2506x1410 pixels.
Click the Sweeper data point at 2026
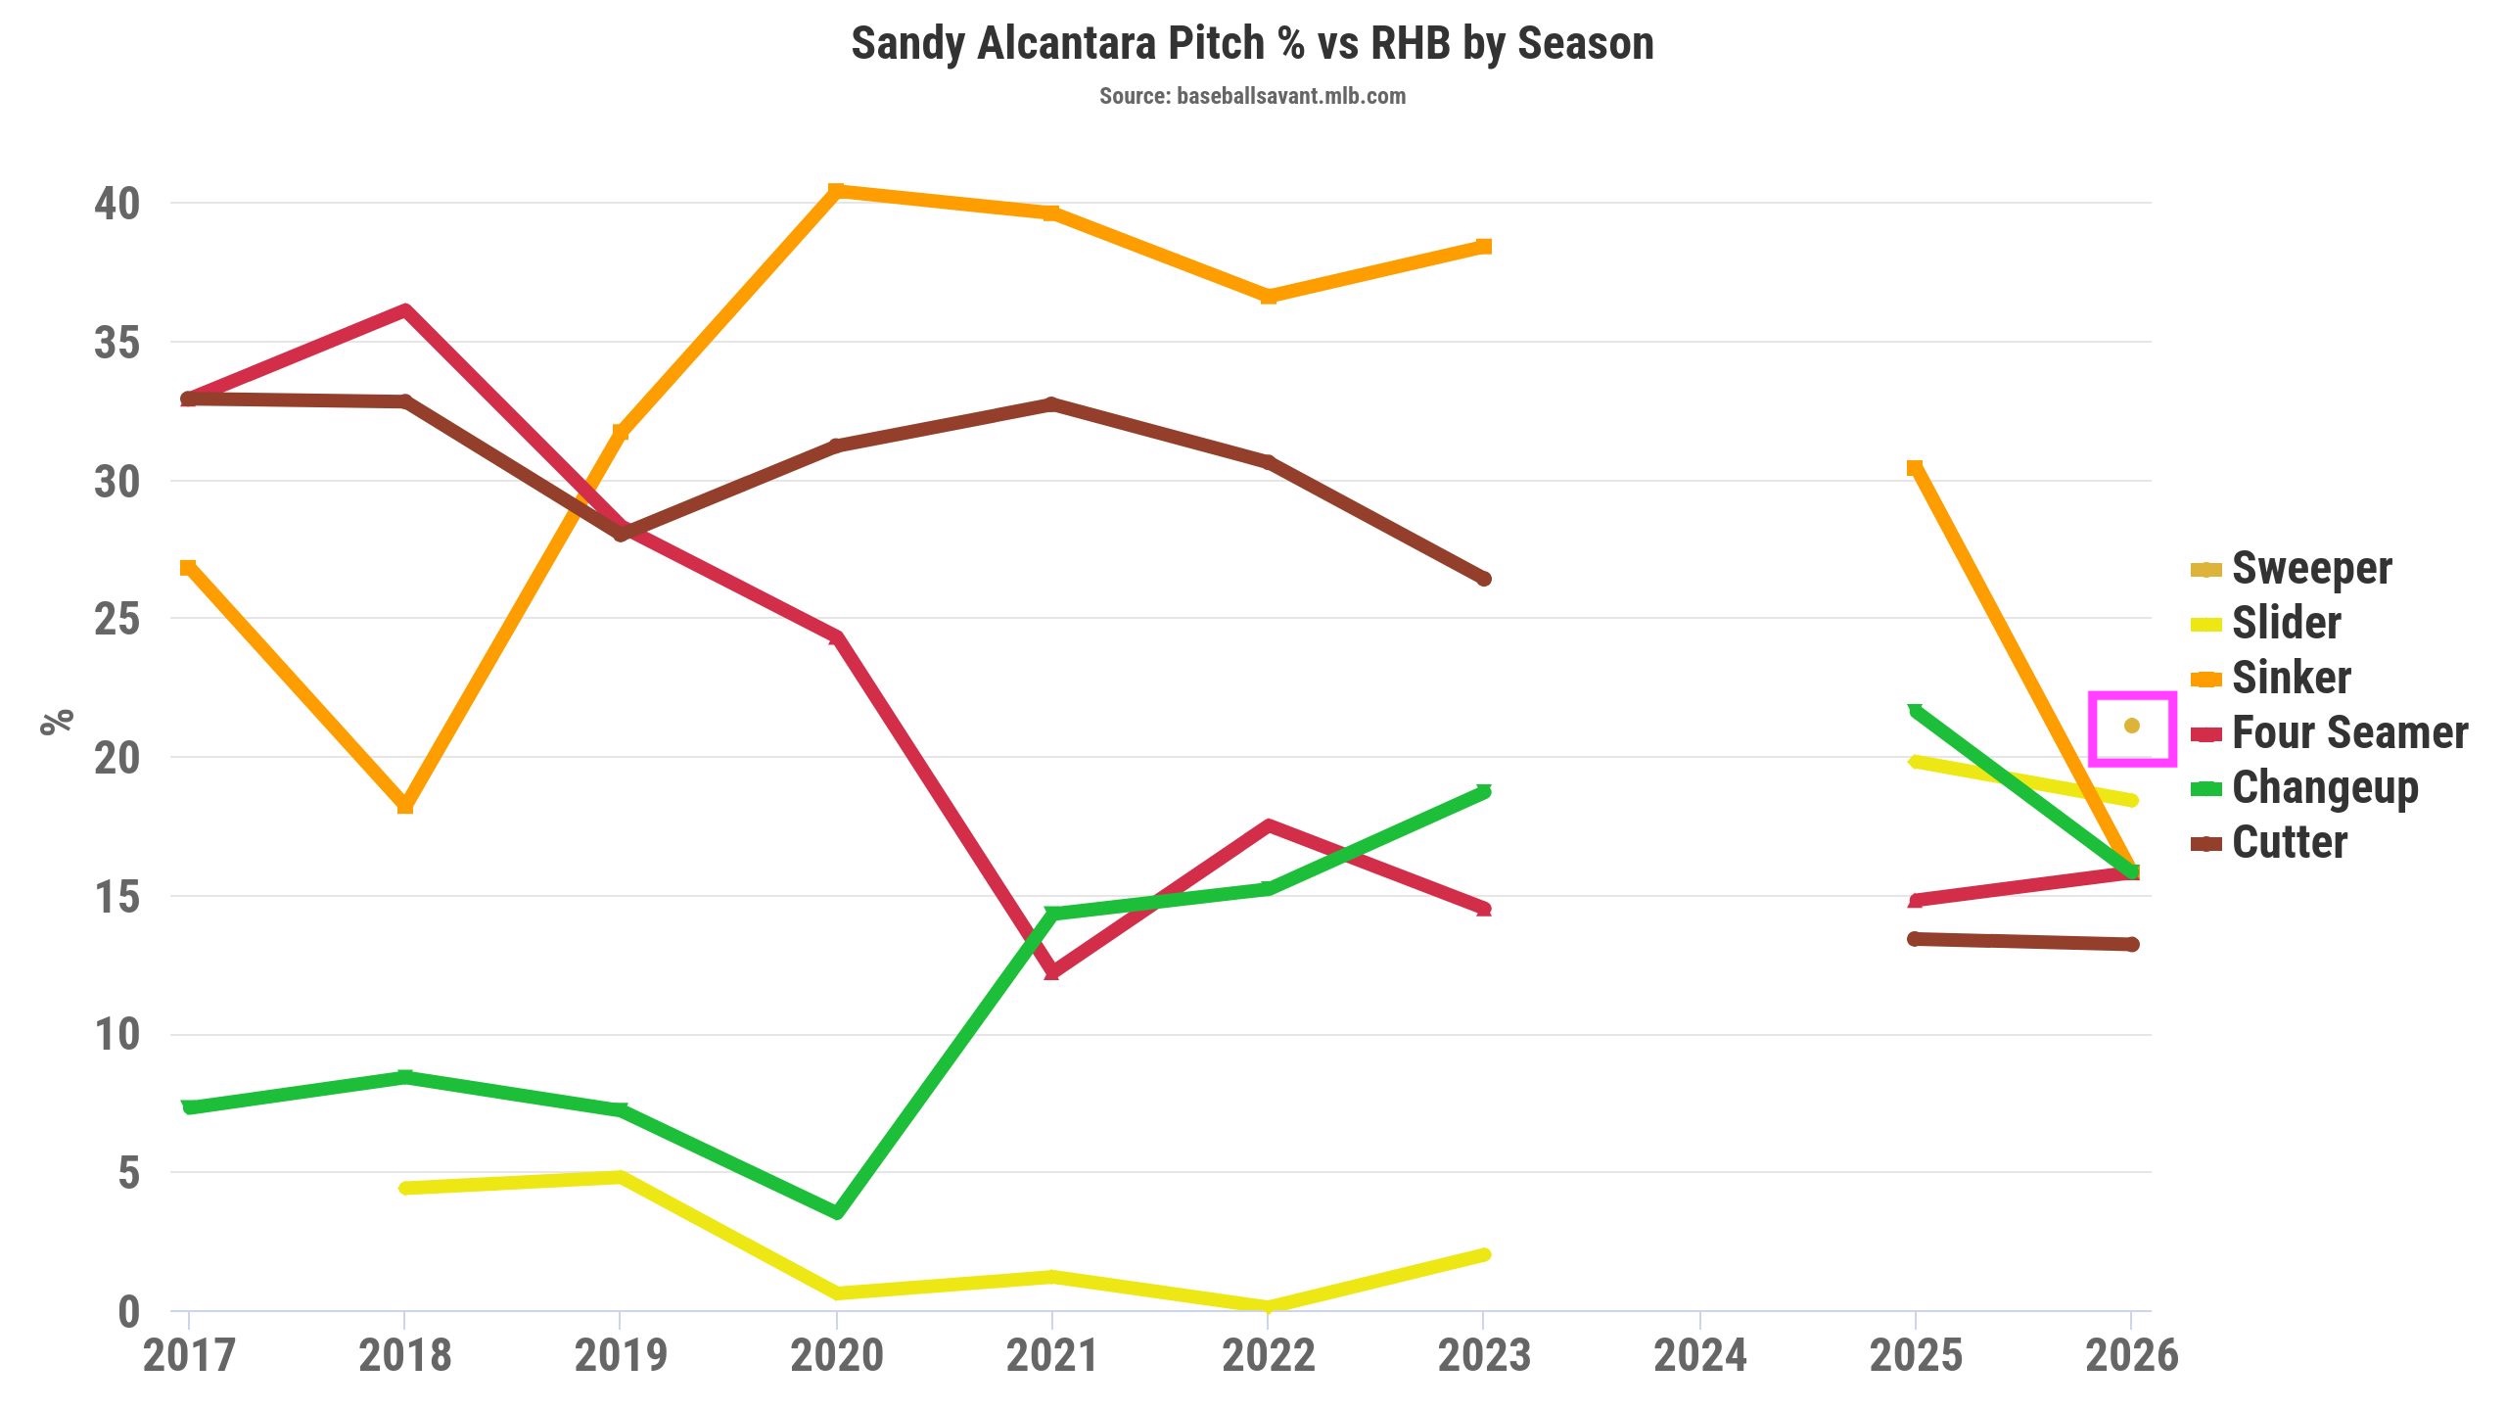pos(2131,726)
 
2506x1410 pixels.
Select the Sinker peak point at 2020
pos(835,190)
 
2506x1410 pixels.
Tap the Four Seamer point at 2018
pos(405,311)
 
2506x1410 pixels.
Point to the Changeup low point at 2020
pos(836,1212)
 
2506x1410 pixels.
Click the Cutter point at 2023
pos(1484,579)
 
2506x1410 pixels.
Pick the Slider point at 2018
pos(405,1188)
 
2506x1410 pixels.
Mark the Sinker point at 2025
pos(1915,468)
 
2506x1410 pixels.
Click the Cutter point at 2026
pos(2131,944)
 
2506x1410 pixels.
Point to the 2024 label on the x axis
pos(1699,1356)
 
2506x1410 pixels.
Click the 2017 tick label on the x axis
pos(188,1356)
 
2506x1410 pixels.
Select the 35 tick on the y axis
pos(117,344)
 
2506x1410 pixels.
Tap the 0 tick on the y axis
pos(128,1312)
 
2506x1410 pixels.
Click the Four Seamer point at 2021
pos(1051,971)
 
